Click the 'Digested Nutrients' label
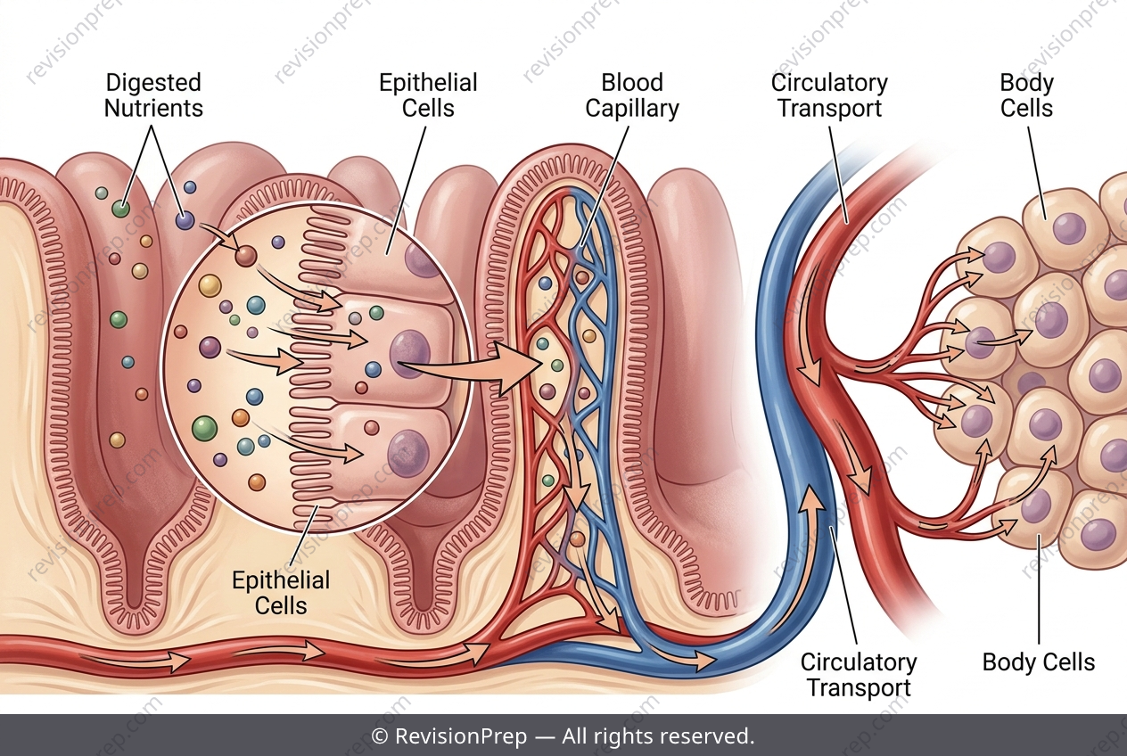[x=153, y=95]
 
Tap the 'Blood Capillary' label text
[x=632, y=95]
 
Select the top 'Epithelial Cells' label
[x=428, y=95]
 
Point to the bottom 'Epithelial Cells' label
[x=281, y=593]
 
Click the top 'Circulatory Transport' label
[x=830, y=95]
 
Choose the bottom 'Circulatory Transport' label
[x=859, y=675]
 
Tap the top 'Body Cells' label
[x=1026, y=95]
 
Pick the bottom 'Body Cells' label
[x=1039, y=661]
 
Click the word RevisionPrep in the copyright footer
[x=461, y=736]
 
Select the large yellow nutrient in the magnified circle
[x=210, y=285]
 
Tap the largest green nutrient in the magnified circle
[x=205, y=429]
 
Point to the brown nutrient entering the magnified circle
[x=246, y=257]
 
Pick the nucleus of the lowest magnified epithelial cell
[x=408, y=453]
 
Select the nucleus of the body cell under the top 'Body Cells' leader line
[x=1070, y=228]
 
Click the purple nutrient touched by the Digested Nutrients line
[x=185, y=220]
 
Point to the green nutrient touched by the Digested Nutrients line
[x=120, y=209]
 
